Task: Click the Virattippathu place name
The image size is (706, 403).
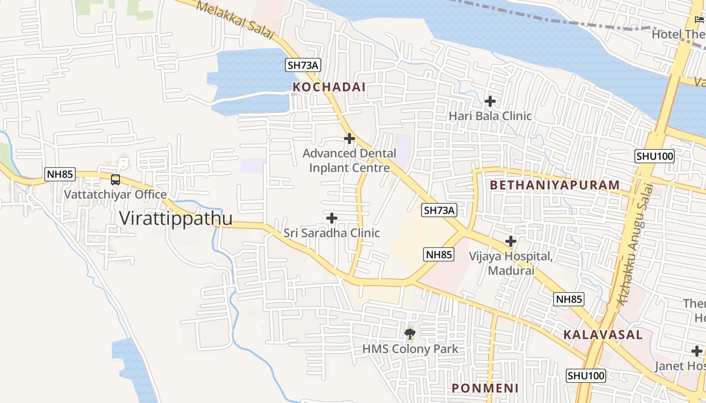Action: (175, 218)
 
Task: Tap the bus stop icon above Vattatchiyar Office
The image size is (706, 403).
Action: (115, 180)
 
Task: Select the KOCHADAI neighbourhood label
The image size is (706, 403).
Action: (329, 87)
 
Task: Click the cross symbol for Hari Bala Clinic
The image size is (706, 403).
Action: (490, 101)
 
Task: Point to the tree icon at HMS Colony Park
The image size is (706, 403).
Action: (410, 333)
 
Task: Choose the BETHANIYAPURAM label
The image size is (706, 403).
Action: (554, 185)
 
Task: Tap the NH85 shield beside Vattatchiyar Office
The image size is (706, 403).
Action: (60, 175)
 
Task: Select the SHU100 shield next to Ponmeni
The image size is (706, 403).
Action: (585, 376)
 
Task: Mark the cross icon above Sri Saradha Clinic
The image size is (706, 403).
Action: (332, 218)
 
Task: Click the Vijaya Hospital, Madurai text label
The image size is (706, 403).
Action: (511, 263)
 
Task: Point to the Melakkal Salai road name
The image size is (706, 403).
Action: (235, 20)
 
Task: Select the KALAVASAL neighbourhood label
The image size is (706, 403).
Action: (603, 334)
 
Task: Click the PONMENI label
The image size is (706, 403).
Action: (485, 388)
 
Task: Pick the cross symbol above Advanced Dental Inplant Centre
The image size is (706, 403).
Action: (349, 139)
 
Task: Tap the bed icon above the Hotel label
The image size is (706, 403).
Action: (699, 20)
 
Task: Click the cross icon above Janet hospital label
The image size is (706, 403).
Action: (696, 351)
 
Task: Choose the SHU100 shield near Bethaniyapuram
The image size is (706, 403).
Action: (655, 156)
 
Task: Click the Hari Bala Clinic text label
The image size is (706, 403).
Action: (490, 116)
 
